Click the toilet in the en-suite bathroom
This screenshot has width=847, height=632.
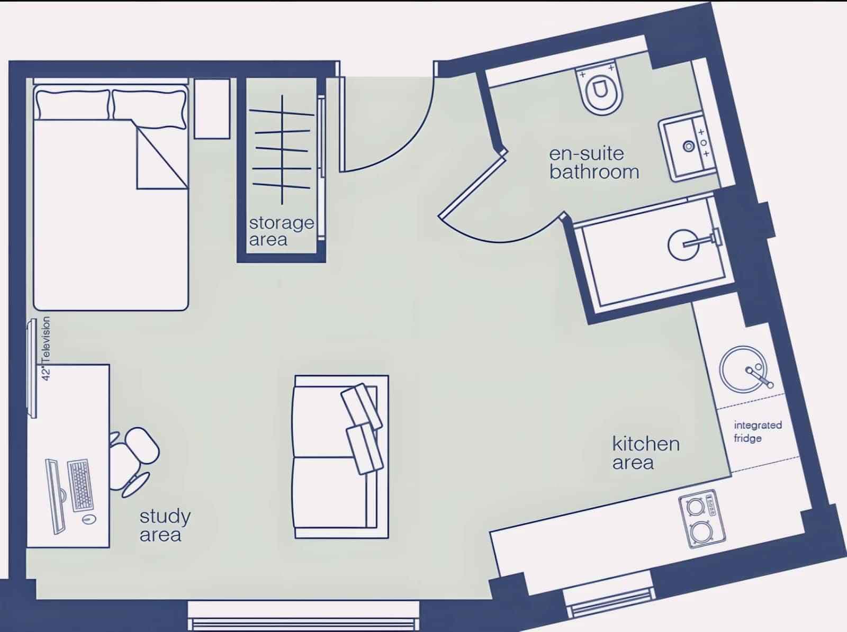point(599,90)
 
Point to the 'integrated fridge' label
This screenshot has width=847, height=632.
point(757,431)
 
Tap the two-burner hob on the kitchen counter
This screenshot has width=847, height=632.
point(702,520)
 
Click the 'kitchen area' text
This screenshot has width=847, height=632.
point(645,453)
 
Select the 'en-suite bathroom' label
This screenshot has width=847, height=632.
point(593,162)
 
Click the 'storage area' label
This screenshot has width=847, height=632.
point(281,231)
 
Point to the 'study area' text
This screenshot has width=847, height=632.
point(165,525)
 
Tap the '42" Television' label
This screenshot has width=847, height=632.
point(46,349)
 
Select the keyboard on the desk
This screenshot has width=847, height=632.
point(80,485)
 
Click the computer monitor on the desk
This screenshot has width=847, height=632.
point(55,496)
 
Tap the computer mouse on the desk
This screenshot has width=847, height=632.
point(88,520)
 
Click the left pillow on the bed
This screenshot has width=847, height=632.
point(73,104)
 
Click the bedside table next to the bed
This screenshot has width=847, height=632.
point(212,109)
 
